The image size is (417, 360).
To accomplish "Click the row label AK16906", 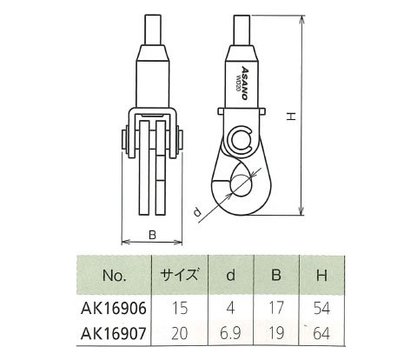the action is [x=114, y=309].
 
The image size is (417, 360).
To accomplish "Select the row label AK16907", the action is [x=114, y=333].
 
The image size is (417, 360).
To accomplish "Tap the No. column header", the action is [x=115, y=276].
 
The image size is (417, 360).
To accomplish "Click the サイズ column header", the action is [x=180, y=275].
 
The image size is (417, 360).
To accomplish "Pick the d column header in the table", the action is [x=231, y=275].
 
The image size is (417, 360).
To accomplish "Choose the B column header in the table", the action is [x=276, y=275].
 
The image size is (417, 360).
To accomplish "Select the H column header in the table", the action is [x=321, y=275].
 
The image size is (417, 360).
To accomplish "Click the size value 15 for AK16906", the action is [x=180, y=309].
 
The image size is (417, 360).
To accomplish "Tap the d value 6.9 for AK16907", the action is [x=230, y=334].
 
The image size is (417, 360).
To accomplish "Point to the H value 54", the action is [x=321, y=309].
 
